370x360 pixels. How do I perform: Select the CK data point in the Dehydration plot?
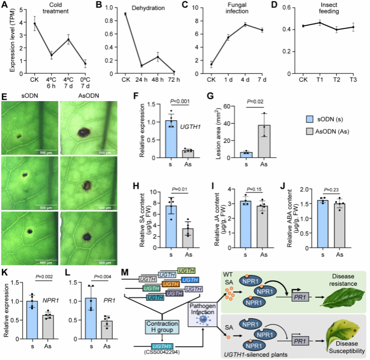pos(126,14)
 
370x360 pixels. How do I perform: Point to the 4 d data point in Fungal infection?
pos(245,25)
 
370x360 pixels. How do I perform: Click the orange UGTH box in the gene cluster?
pos(171,284)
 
